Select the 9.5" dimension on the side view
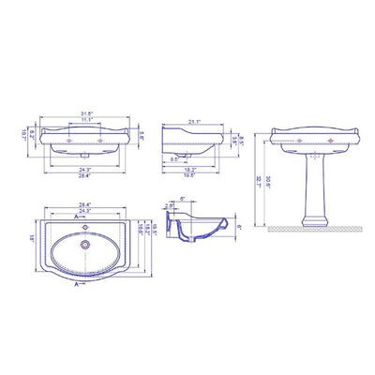point(176,158)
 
